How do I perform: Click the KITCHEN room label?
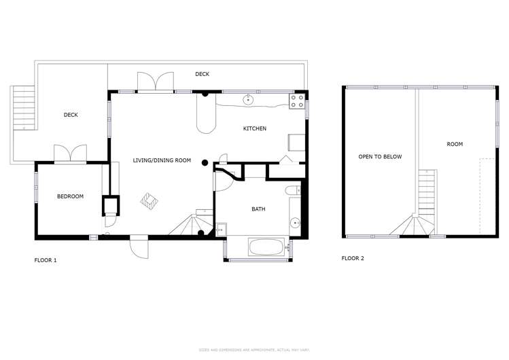click(x=255, y=128)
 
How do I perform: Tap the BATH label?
click(x=258, y=209)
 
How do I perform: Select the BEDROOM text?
click(x=70, y=196)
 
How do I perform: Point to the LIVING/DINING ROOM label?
click(x=162, y=160)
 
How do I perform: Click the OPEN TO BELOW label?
click(x=380, y=156)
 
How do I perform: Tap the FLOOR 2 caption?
click(x=353, y=258)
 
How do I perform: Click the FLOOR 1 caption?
click(x=46, y=259)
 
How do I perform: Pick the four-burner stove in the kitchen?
click(x=297, y=102)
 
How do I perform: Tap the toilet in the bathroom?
click(x=292, y=190)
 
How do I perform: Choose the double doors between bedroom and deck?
click(x=70, y=154)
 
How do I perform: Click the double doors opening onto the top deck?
click(x=156, y=82)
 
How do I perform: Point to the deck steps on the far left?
click(x=23, y=108)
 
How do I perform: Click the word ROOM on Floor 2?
click(x=455, y=144)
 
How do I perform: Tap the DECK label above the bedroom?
click(x=71, y=115)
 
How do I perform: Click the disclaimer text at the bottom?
click(x=254, y=350)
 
